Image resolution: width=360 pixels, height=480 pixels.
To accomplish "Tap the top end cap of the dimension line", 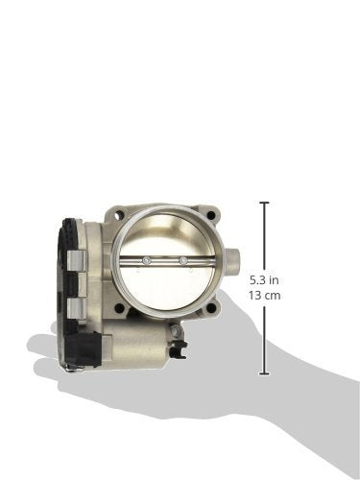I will (265, 203).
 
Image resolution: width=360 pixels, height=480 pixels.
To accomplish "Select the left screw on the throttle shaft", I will (146, 260).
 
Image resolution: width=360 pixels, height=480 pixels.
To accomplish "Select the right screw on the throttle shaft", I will (183, 260).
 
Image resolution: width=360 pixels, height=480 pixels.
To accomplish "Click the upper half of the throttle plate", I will (164, 240).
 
